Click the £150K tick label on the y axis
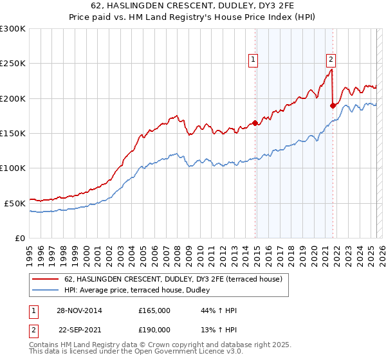13,133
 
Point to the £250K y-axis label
13,64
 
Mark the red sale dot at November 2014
255,123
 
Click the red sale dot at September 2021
333,105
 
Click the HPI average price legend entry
142,291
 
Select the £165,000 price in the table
154,310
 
